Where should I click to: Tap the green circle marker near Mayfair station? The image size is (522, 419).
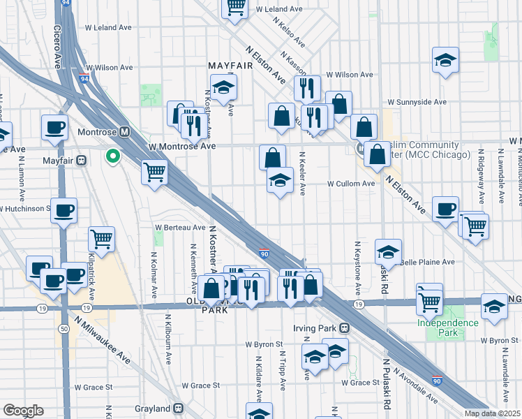tap(112, 156)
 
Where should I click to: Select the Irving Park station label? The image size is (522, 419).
tap(314, 328)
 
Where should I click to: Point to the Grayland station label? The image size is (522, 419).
tap(152, 409)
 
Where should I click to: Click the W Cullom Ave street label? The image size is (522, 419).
tap(352, 184)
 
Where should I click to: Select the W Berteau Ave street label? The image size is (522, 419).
tap(180, 228)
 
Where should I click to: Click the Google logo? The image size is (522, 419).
tap(23, 411)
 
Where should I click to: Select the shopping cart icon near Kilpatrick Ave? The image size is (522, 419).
tap(102, 239)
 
